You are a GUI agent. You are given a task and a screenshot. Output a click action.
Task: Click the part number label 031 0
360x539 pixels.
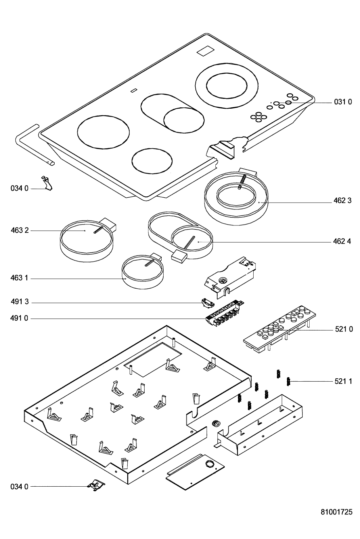click(x=343, y=102)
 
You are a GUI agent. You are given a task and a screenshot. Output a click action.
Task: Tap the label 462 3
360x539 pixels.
click(x=342, y=200)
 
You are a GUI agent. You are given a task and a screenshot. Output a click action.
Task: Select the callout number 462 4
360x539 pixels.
click(x=342, y=241)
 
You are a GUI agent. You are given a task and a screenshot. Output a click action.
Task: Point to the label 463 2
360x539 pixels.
click(x=20, y=230)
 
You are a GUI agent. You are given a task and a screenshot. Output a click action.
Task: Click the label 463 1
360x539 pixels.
click(x=19, y=278)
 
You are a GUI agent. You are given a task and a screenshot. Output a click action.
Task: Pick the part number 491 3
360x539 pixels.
click(x=20, y=301)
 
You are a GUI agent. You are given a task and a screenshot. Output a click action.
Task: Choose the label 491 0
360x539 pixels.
click(x=19, y=318)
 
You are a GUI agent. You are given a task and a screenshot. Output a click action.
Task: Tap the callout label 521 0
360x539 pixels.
click(x=344, y=329)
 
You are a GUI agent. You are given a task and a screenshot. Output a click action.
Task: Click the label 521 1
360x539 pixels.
click(x=343, y=381)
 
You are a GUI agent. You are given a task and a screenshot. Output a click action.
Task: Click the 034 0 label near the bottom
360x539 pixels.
click(x=19, y=487)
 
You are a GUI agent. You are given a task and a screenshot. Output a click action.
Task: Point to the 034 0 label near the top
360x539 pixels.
click(x=19, y=188)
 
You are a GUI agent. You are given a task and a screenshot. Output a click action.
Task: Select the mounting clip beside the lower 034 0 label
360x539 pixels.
click(x=96, y=485)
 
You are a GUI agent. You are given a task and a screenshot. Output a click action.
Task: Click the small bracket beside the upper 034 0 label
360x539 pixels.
click(x=47, y=183)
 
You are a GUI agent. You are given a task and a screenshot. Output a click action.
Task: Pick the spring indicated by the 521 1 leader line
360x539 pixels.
click(x=288, y=381)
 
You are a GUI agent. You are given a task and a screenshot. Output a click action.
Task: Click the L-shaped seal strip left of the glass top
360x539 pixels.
click(x=34, y=145)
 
